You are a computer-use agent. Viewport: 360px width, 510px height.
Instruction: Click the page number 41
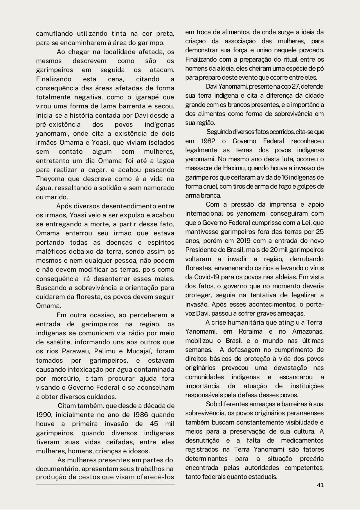[x=320, y=485]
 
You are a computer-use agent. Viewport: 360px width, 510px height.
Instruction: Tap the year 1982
[x=208, y=141]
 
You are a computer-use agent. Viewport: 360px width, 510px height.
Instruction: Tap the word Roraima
[x=250, y=331]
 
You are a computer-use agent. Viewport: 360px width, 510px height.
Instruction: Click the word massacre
[x=199, y=168]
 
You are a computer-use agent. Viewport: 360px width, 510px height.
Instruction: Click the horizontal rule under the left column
[x=105, y=485]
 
